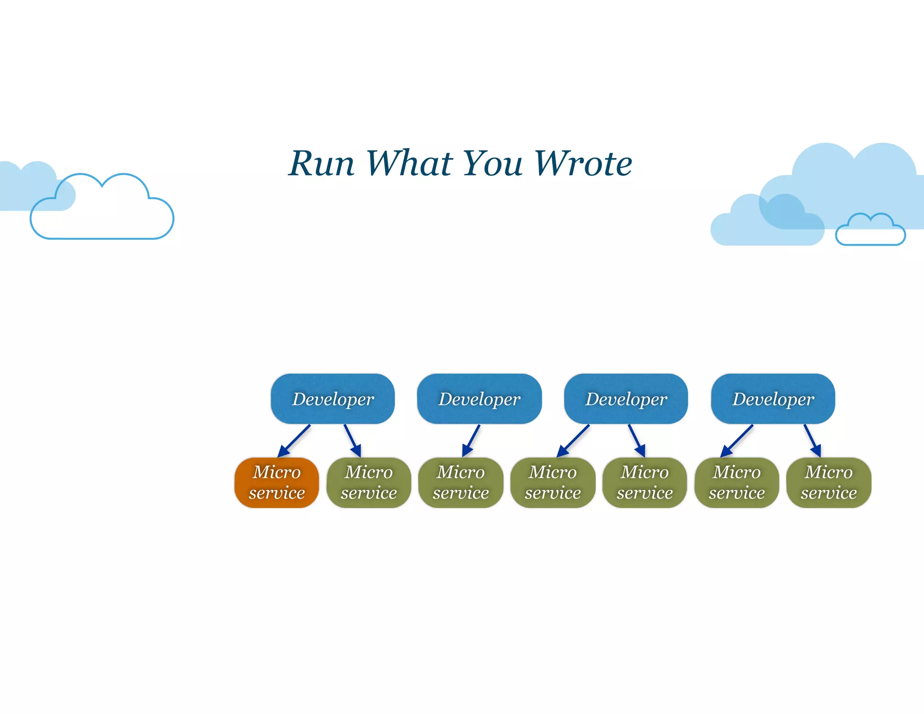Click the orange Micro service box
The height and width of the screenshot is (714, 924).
277,482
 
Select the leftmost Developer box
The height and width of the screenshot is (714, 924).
333,399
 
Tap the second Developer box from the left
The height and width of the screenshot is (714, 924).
479,399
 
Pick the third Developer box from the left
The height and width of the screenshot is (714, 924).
626,399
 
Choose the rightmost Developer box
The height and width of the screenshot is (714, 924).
773,399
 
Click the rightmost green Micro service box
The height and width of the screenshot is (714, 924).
828,482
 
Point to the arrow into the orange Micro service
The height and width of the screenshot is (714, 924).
294,441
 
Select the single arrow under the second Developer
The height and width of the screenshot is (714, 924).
471,440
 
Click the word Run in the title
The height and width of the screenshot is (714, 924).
322,163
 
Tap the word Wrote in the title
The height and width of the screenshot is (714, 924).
583,163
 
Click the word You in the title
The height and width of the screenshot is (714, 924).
493,163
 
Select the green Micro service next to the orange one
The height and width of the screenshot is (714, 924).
369,482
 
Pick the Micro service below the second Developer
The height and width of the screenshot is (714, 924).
461,482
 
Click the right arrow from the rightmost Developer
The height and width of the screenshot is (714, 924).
812,440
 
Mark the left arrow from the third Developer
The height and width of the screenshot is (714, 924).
573,440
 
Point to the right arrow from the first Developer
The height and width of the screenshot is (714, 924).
352,440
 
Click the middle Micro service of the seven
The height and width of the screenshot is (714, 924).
553,482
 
